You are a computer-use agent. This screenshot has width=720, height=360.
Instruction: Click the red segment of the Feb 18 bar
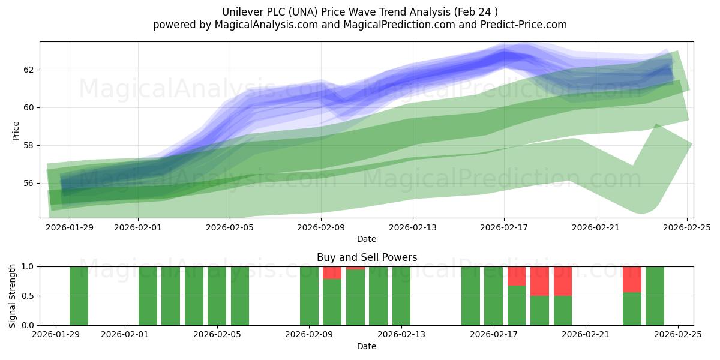coord(517,276)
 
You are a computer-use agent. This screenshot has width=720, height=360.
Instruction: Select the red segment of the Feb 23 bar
coord(632,279)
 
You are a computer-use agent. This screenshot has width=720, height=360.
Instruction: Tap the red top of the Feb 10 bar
coord(332,272)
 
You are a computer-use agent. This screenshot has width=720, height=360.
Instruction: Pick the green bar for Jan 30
coord(79,296)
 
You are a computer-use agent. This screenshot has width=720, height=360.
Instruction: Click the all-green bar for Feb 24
coord(655,296)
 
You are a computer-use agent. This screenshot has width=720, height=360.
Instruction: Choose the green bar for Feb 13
coord(401,296)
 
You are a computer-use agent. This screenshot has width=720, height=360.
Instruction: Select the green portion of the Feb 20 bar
coord(563,311)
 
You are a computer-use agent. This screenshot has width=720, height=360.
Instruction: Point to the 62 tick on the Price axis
coord(29,70)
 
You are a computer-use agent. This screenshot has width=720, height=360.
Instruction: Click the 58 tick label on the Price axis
coord(29,145)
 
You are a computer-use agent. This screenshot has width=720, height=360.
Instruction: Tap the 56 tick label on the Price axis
coord(29,183)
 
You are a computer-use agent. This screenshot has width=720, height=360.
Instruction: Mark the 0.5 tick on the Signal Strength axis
coord(27,296)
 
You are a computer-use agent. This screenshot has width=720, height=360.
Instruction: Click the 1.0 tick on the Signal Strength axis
coord(27,266)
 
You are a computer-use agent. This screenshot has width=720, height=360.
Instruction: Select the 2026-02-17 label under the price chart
coord(504,227)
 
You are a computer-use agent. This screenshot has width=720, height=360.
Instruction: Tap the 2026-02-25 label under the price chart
coord(687,227)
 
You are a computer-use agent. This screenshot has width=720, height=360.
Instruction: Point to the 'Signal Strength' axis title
coord(13,296)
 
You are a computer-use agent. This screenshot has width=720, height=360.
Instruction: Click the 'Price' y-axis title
coord(16,130)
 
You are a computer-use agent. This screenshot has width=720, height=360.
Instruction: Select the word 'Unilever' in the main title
coord(242,11)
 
